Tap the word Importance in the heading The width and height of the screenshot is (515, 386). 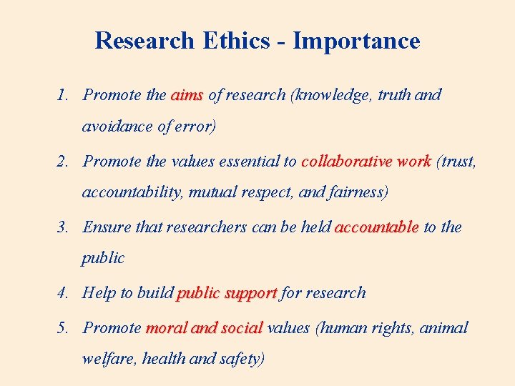[x=356, y=41]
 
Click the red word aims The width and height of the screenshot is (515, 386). [x=187, y=95]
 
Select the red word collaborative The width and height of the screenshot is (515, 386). [x=346, y=162]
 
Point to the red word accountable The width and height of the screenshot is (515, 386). [x=376, y=227]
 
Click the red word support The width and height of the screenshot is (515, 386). [x=250, y=294]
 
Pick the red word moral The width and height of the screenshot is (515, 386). [x=167, y=328]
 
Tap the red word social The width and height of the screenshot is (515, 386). [x=242, y=328]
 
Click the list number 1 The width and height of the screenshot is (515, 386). [x=63, y=95]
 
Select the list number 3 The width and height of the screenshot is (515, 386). [x=63, y=227]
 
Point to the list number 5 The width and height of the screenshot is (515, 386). [x=63, y=328]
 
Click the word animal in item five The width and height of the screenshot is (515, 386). [x=443, y=328]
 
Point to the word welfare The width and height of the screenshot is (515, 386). [x=109, y=360]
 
